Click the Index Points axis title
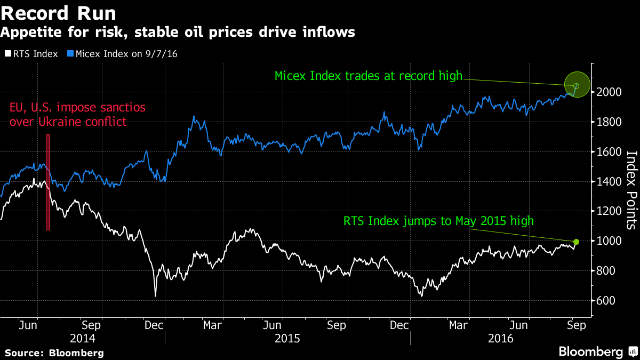tap(631, 190)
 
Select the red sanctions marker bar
tap(48, 182)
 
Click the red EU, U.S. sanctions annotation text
tap(77, 115)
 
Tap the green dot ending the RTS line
tap(576, 242)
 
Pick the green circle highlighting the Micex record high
tap(577, 85)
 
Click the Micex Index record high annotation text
tap(368, 76)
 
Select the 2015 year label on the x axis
tap(287, 339)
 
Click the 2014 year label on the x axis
tap(83, 339)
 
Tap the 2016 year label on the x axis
tap(500, 339)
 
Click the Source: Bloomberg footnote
tap(54, 353)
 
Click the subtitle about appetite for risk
tap(178, 33)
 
